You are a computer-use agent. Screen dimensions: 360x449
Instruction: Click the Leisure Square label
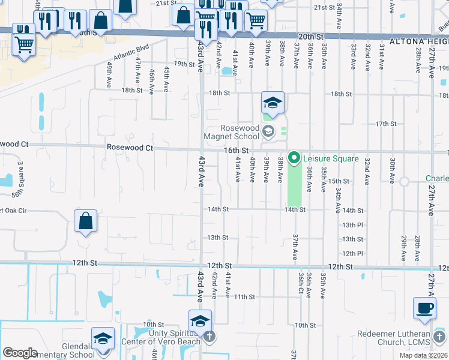pos(331,158)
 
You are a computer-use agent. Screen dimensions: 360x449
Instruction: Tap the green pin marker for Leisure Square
pos(294,158)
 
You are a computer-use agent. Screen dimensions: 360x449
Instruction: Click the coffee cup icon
pos(425,308)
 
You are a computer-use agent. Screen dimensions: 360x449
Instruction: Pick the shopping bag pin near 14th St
pos(86,221)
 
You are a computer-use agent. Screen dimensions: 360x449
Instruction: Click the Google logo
pos(20,353)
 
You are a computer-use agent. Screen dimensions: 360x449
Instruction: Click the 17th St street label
pos(386,124)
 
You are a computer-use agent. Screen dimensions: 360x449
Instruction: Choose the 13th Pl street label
pos(353,225)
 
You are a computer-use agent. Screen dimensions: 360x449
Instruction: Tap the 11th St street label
pos(245,296)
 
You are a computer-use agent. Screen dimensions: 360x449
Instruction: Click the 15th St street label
pos(339,181)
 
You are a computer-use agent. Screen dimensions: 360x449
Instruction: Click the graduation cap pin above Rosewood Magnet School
pos(272,103)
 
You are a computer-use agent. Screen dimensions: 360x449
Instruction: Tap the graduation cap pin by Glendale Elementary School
pos(103,339)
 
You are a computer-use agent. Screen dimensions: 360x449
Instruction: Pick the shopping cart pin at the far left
pos(23,43)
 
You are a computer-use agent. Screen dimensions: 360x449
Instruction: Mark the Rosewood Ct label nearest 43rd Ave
pos(130,147)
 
